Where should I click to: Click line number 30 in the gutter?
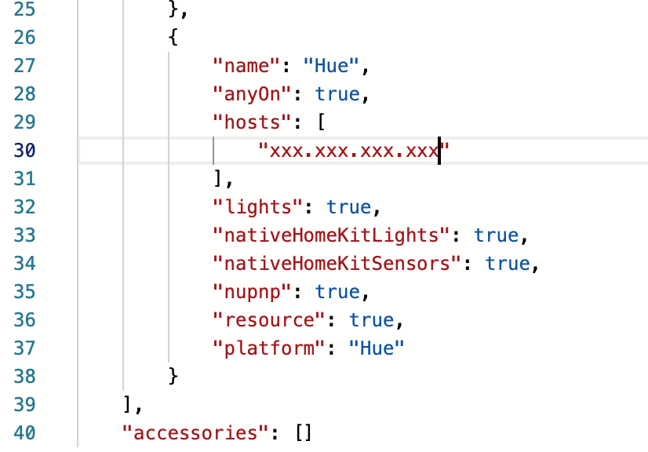tap(27, 151)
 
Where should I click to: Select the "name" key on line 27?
tap(242, 66)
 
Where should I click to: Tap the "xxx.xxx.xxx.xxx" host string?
tap(351, 151)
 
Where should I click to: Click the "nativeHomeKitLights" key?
tap(332, 235)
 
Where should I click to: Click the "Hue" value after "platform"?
tap(377, 348)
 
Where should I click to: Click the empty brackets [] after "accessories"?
tap(304, 432)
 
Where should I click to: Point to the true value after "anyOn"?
tap(337, 94)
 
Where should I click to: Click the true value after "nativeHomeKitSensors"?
tap(508, 264)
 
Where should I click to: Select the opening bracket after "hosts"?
tap(321, 122)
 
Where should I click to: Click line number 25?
tap(27, 9)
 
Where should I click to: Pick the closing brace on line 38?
tap(173, 377)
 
